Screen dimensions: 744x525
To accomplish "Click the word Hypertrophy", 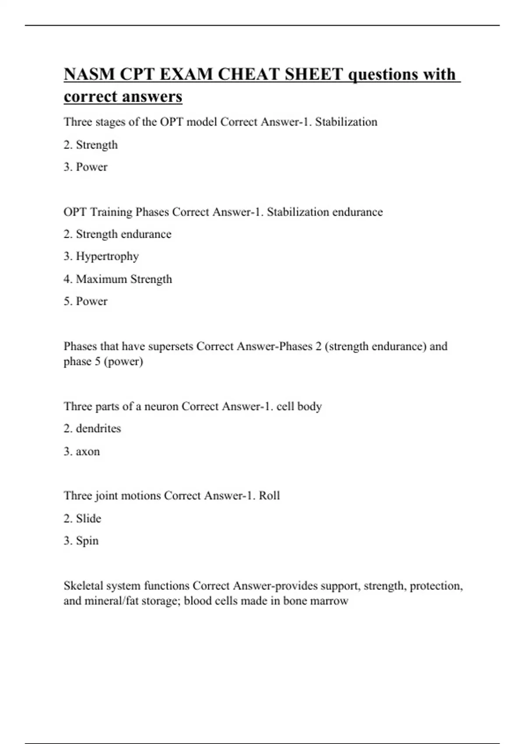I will point(107,256).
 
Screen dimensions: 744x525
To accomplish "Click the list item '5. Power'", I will point(85,301).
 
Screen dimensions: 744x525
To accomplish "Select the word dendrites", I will point(98,428).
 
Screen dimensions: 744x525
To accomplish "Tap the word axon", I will point(88,451).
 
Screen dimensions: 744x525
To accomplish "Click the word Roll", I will point(269,495).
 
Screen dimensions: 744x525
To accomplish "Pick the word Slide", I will point(88,518).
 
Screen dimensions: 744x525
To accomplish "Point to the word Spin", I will point(87,541).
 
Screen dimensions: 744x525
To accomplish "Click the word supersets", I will point(171,346).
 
